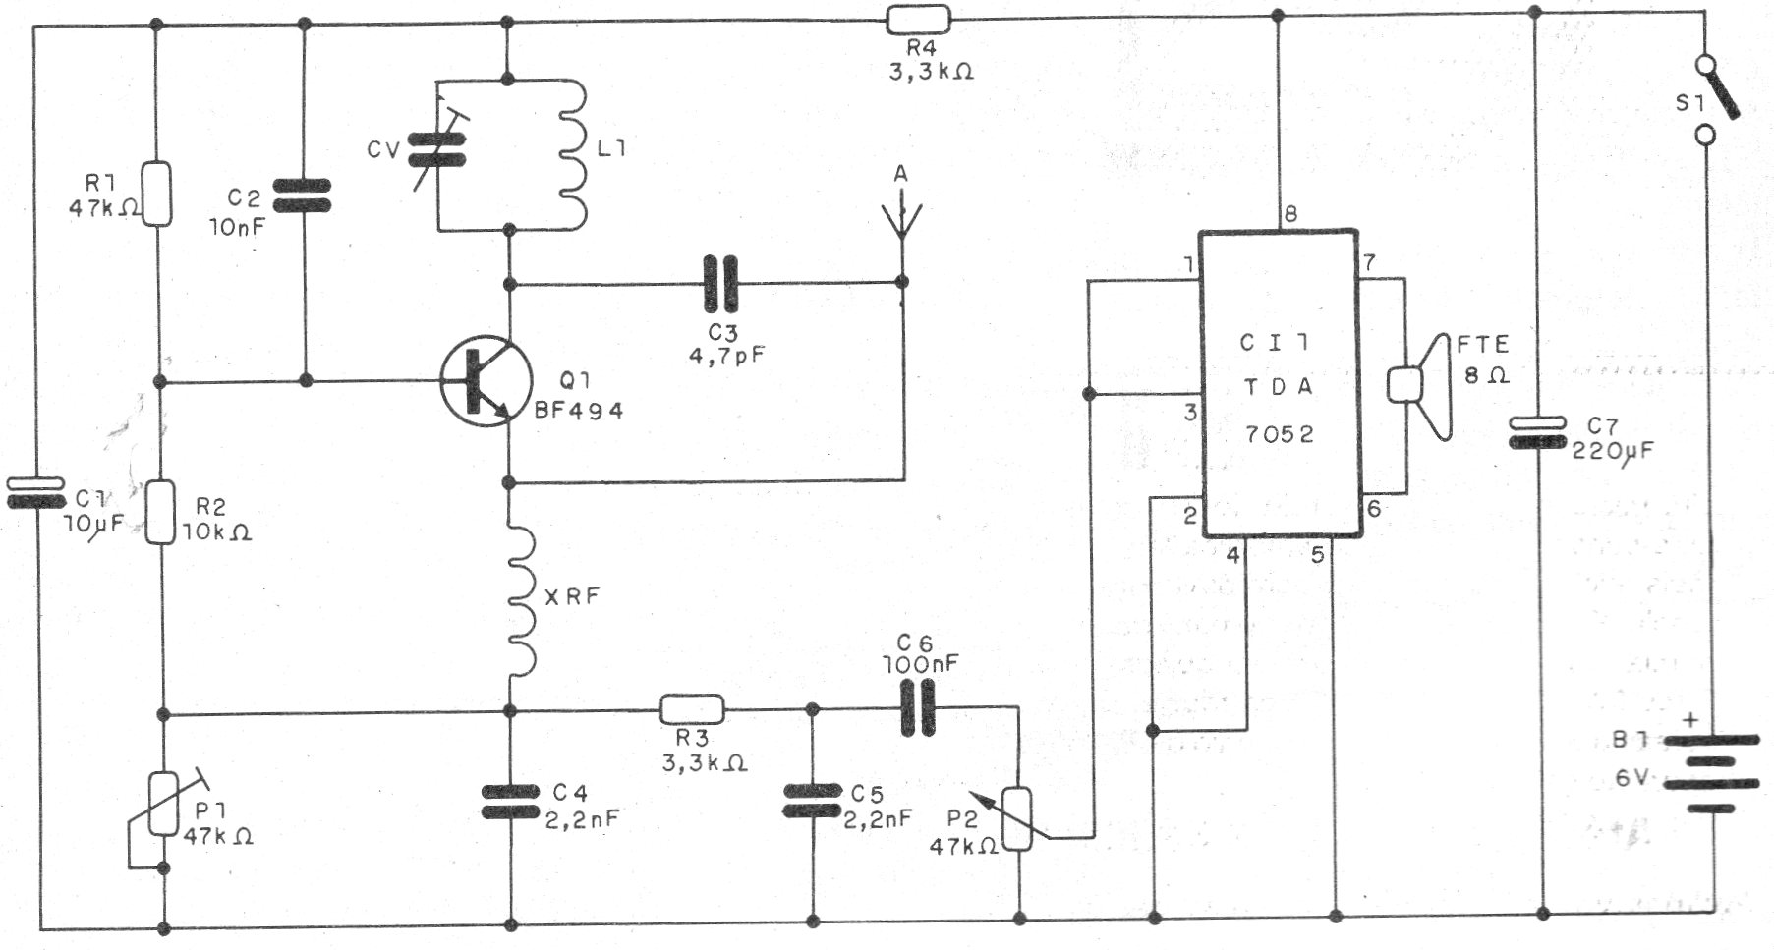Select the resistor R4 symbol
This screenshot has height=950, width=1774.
coord(919,19)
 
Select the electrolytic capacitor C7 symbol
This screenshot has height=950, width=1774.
coord(1538,433)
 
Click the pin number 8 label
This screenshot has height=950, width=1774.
coord(1289,214)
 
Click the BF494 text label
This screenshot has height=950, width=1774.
coord(578,412)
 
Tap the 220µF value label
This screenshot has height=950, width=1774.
coord(1612,451)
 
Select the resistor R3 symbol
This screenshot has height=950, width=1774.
coord(691,709)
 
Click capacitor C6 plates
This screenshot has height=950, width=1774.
coord(917,710)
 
